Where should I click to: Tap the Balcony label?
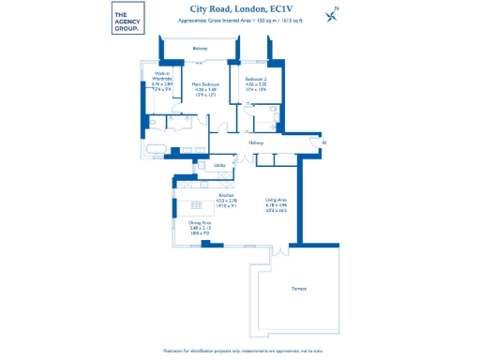click(200, 48)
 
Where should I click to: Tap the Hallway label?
click(256, 142)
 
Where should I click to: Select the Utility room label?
click(219, 165)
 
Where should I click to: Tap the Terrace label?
click(299, 288)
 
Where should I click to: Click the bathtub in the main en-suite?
click(155, 149)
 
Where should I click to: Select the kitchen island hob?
click(197, 206)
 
